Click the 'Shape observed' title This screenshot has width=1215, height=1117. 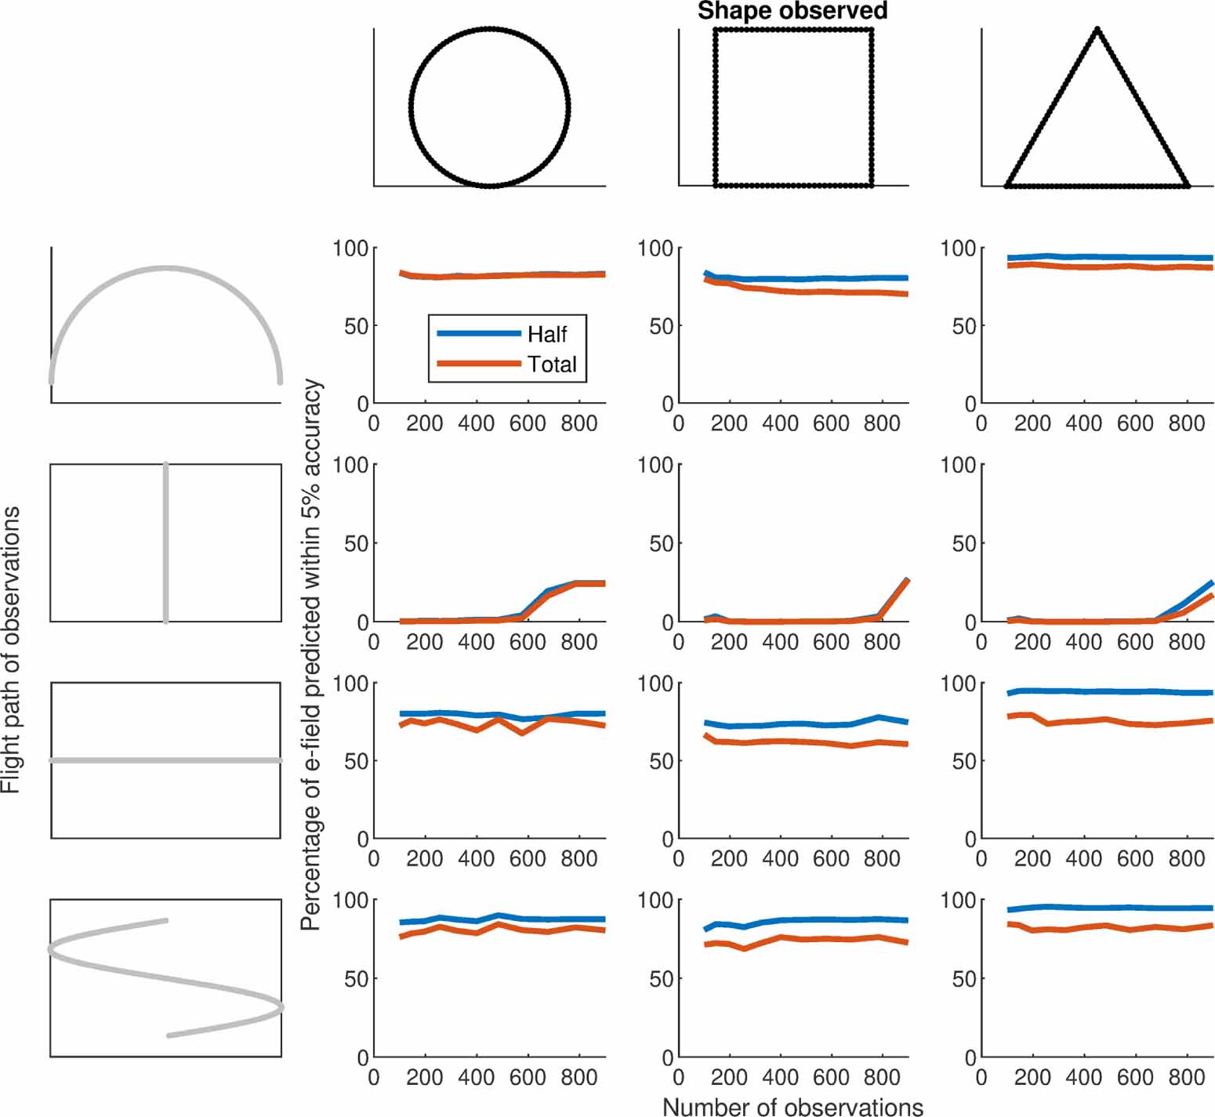point(792,11)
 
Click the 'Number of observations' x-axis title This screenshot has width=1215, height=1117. point(792,1106)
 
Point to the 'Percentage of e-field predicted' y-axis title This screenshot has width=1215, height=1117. point(311,655)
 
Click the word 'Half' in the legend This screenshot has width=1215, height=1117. point(546,335)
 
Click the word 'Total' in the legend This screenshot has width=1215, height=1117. point(552,364)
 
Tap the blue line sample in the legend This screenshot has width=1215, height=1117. point(478,334)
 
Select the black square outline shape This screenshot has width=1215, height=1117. point(715,107)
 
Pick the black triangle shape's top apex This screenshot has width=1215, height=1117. point(1097,30)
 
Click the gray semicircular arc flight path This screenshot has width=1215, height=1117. point(165,269)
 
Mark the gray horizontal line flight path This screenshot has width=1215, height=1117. point(165,760)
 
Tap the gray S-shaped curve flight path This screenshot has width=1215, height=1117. point(165,977)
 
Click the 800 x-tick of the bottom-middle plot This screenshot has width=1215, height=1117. point(881,1078)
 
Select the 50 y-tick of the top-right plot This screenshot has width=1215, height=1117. point(963,326)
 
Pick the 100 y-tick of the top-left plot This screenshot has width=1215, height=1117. point(350,248)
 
